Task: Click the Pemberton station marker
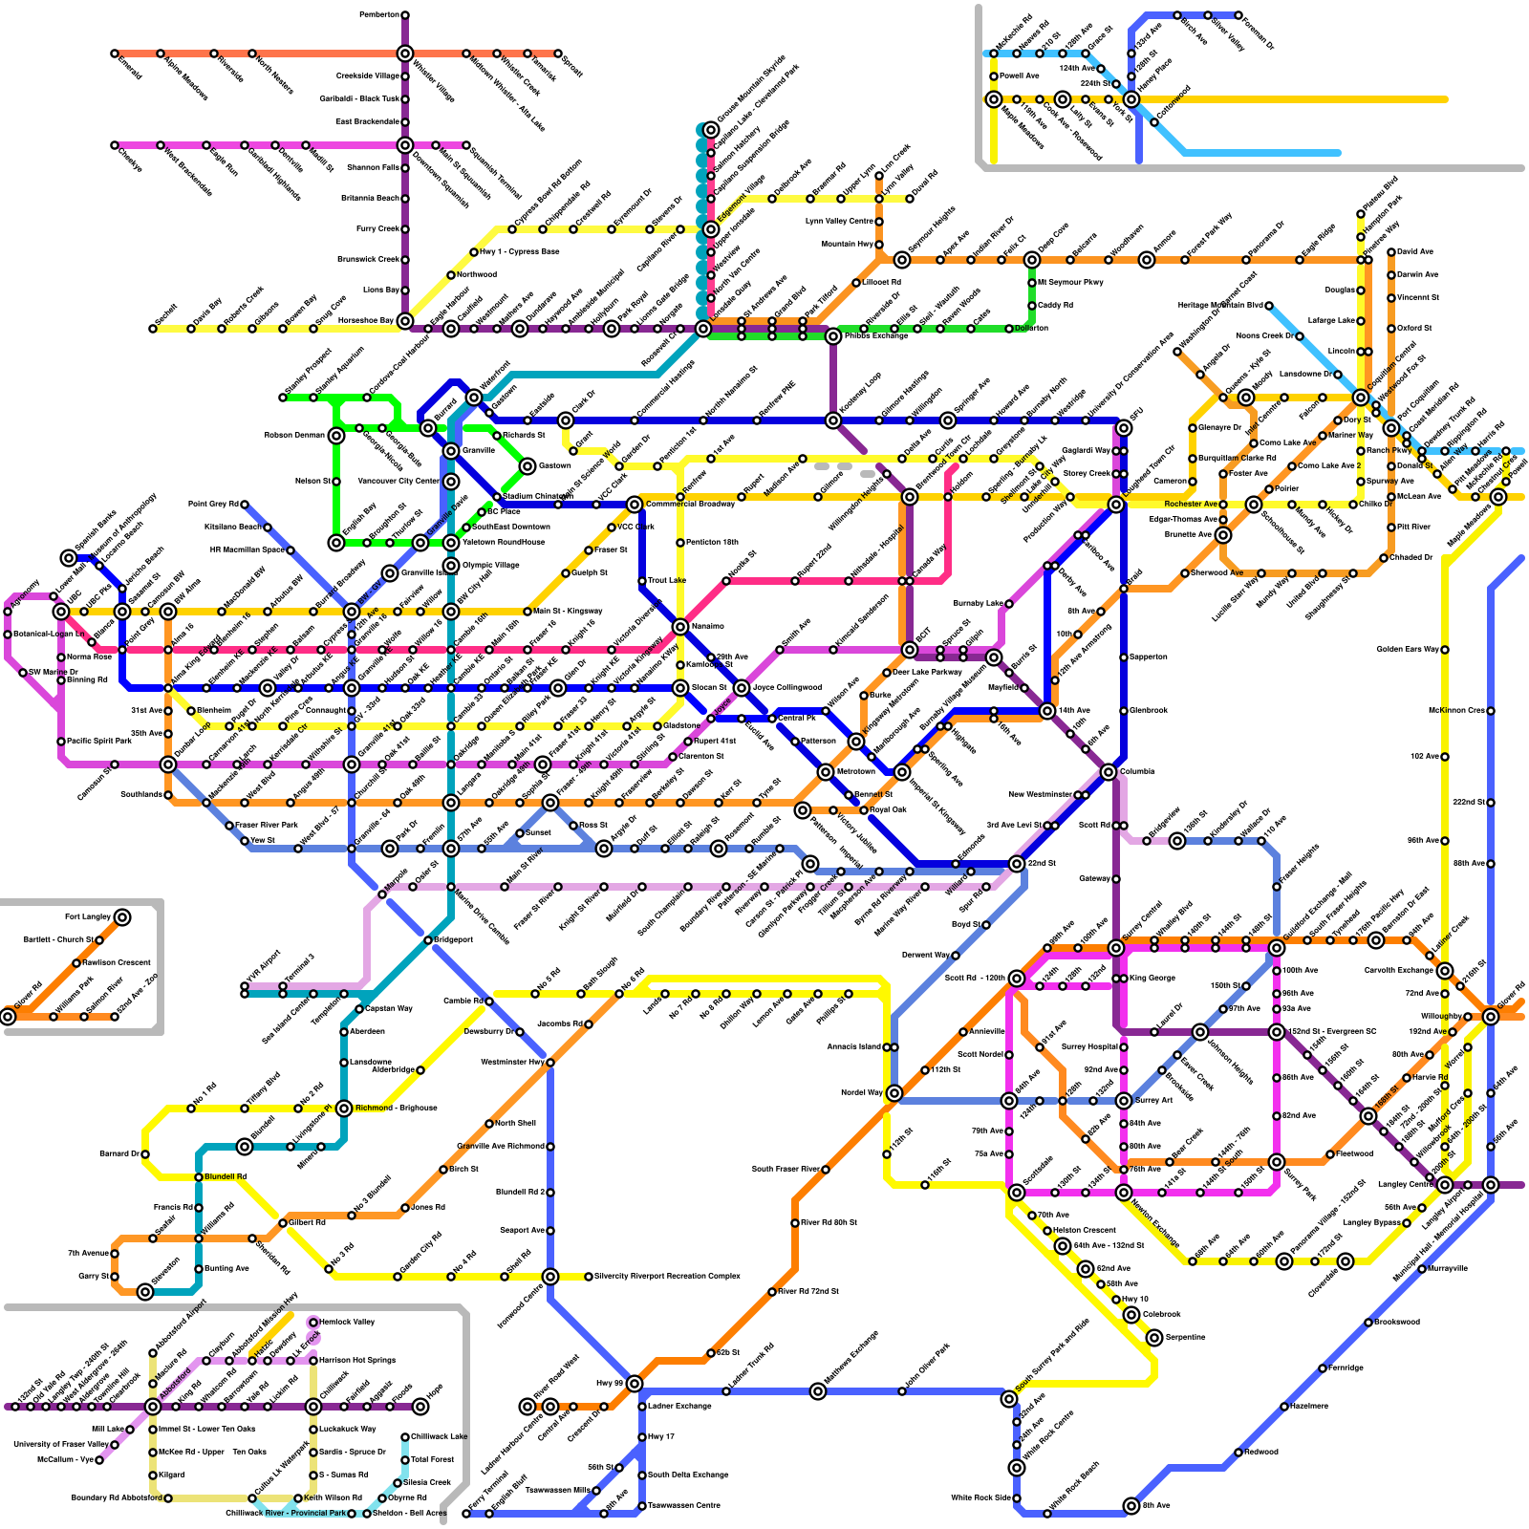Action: tap(405, 15)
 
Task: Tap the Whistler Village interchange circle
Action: tap(405, 54)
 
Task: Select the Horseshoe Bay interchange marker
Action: tap(405, 321)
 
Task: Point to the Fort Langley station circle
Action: tap(122, 917)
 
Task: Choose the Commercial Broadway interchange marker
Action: tap(635, 505)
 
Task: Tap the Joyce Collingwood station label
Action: tap(786, 687)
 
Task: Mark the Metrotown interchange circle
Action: tap(826, 772)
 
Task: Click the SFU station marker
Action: tap(1124, 420)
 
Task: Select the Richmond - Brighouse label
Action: tap(396, 1108)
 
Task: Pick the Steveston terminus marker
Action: tap(145, 1292)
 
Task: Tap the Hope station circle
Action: tap(420, 1407)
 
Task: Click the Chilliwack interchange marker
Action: tap(313, 1407)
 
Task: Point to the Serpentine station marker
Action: tap(1154, 1338)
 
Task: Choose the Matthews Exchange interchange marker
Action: tap(818, 1391)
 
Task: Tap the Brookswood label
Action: tap(1397, 1322)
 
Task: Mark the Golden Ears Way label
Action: tap(1408, 649)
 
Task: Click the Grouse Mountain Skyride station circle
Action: tap(711, 130)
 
